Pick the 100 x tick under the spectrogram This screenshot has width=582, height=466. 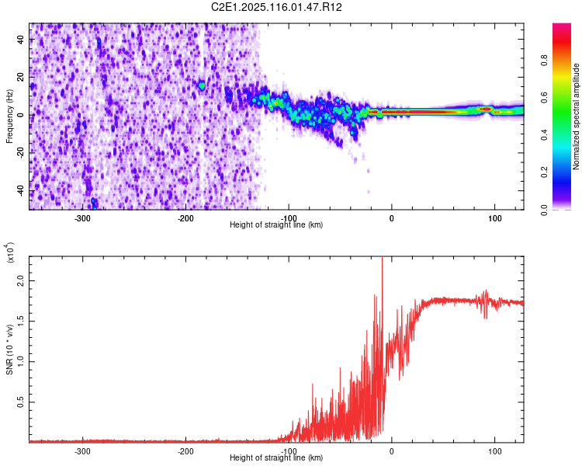(x=494, y=217)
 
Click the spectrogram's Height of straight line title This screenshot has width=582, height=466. (x=276, y=225)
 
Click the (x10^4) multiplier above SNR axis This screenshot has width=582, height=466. (x=11, y=253)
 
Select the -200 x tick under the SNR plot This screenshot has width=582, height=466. (x=185, y=450)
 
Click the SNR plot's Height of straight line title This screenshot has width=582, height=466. (x=276, y=458)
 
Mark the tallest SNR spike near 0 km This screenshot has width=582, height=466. (x=382, y=261)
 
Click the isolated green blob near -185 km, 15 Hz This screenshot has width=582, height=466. (x=202, y=85)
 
